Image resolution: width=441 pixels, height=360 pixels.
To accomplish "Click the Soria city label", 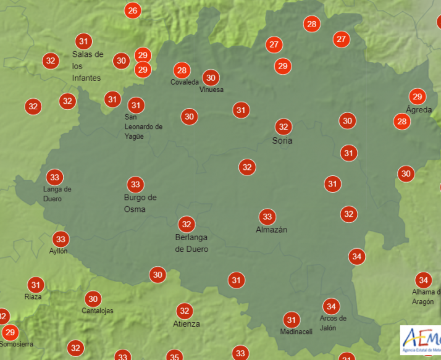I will coord(282,141).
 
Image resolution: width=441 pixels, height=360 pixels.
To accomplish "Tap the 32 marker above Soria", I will coord(283,127).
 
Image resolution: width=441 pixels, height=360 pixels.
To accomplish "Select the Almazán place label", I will coord(272,230).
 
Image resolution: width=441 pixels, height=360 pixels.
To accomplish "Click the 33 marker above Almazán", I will coord(267,216).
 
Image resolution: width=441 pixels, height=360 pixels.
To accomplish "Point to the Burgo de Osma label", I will coord(140,203).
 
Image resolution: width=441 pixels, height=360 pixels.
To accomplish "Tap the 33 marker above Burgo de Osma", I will coord(135,184).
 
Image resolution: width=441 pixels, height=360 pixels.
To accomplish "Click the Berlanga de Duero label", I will coord(191,243).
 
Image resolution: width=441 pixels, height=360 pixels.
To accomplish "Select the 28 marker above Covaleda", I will coord(181,70).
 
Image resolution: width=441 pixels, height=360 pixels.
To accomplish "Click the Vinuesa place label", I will coord(211,90).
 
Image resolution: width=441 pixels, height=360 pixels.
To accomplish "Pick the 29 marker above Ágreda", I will coord(418,96).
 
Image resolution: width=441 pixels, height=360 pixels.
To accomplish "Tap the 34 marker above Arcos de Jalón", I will coord(331,306).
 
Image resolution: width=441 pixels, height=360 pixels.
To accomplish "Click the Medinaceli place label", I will coord(296,332).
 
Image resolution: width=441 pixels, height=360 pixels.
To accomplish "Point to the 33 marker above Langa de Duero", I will coord(55,177).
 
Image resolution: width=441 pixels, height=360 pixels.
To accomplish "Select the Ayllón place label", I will coord(58,251).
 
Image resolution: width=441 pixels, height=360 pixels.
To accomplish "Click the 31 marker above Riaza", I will coord(36,285).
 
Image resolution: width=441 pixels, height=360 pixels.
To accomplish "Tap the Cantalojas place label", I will coord(98,311).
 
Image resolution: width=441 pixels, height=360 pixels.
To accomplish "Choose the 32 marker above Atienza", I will coord(183,311).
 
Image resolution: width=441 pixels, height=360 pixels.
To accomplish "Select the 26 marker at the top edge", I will coord(132,10).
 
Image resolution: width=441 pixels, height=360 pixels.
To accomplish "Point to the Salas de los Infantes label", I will coord(87,66).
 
